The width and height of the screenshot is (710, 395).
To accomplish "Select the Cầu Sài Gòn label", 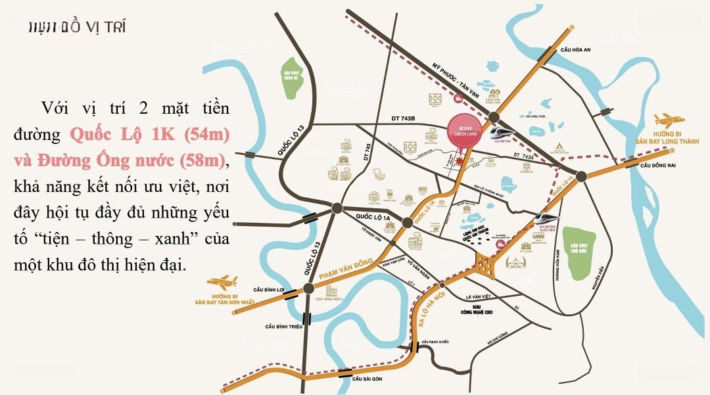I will click(367, 379).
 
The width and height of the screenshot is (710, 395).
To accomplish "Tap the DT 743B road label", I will click(404, 118).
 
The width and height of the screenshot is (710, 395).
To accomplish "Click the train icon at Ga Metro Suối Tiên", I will click(546, 218).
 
